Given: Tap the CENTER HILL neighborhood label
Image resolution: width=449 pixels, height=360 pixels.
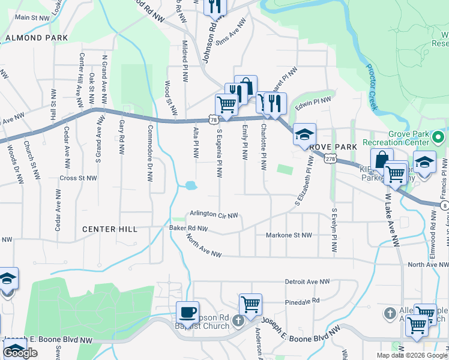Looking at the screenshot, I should (110, 229).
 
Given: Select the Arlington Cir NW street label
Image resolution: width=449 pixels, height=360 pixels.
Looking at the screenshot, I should (214, 215).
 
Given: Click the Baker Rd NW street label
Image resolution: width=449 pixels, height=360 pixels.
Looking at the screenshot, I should (188, 229).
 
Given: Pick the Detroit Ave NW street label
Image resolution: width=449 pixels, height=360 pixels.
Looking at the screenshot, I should (307, 281).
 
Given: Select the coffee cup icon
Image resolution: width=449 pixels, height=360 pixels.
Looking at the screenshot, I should (187, 313).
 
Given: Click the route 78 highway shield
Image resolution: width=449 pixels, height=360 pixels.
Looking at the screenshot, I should (214, 120).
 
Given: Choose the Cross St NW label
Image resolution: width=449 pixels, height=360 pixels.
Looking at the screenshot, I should (78, 178).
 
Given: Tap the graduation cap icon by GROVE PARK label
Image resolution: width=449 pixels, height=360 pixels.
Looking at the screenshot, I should (304, 134).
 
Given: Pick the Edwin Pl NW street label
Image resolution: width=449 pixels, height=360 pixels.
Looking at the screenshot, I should (313, 104).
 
